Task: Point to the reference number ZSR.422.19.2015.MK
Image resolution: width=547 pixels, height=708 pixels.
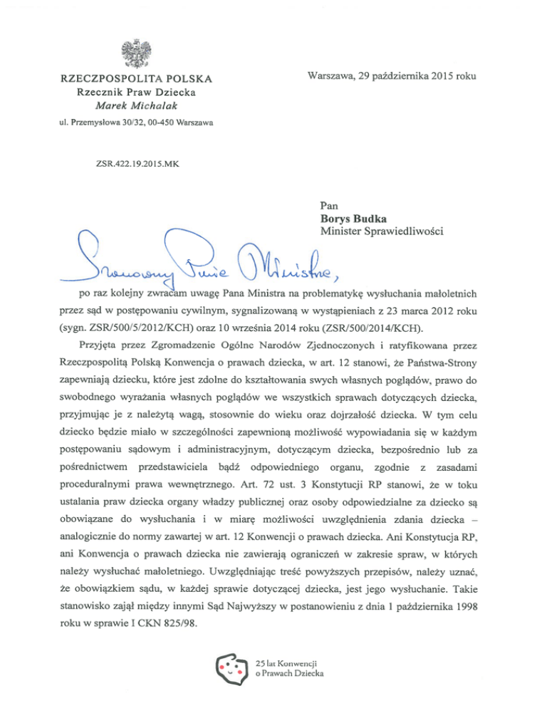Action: [x=137, y=163]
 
